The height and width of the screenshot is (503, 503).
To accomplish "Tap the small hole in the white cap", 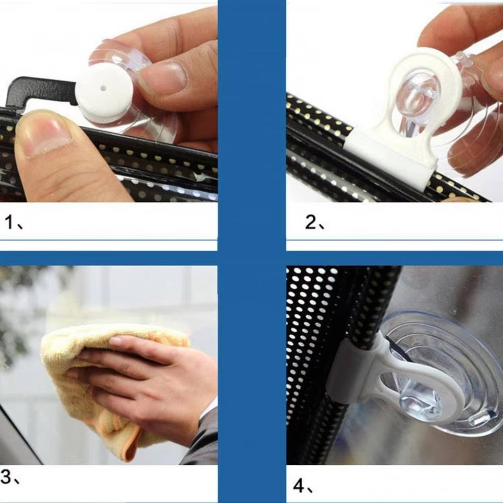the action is pyautogui.click(x=103, y=88).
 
